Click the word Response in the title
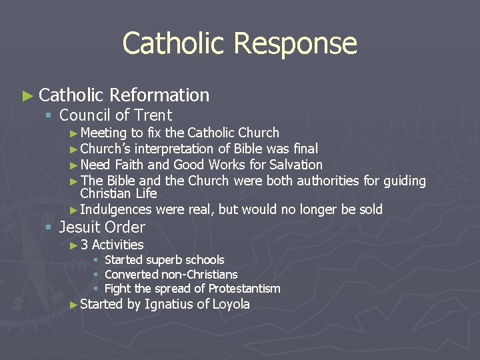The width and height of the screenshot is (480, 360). click(x=296, y=44)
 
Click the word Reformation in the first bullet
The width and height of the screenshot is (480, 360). click(x=160, y=95)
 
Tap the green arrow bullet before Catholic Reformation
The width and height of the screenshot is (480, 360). click(x=27, y=96)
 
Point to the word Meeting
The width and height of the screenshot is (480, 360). click(x=103, y=133)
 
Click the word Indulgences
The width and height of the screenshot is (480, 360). click(x=115, y=210)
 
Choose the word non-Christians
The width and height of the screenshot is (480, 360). click(x=199, y=275)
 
